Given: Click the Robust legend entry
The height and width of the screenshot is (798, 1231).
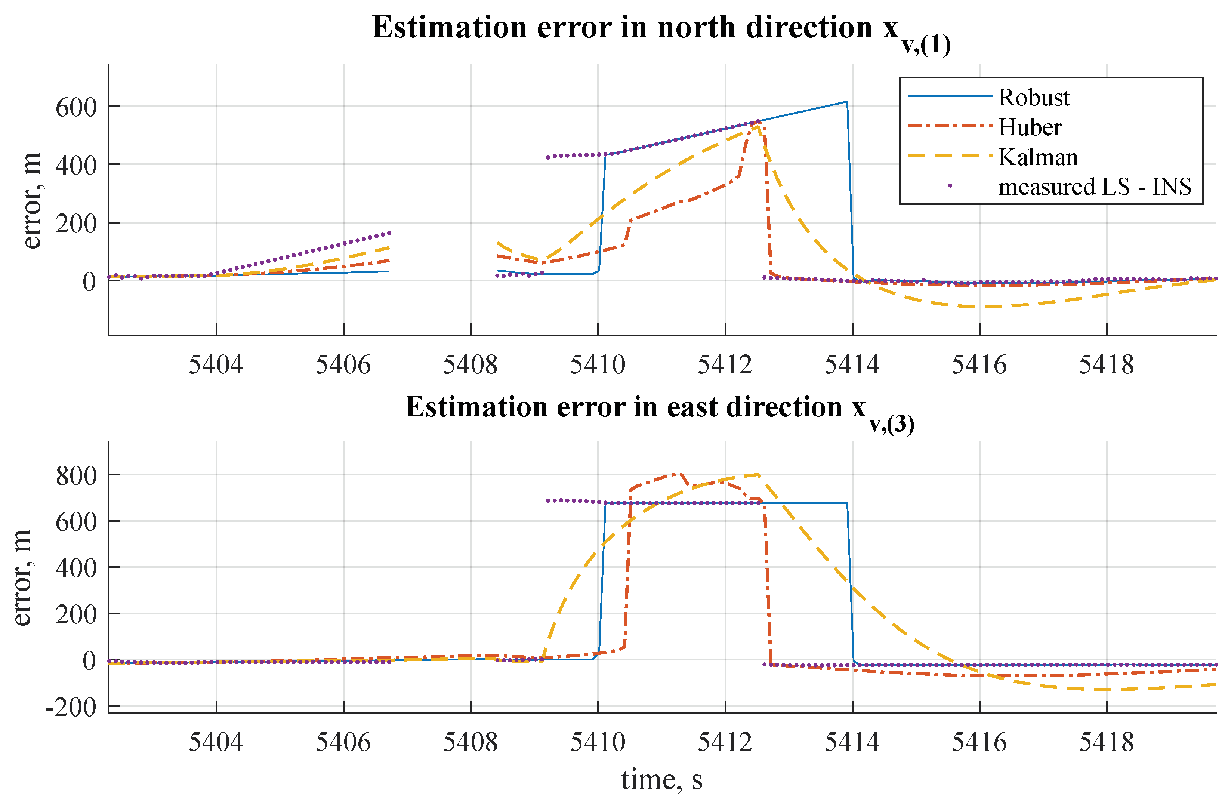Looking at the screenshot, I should click(x=1033, y=98).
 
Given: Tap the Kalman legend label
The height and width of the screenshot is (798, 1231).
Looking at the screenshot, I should click(x=1037, y=157).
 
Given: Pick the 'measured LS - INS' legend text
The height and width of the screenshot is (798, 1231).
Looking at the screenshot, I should click(x=1094, y=187).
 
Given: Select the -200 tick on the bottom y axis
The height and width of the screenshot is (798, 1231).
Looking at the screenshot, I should click(x=71, y=707).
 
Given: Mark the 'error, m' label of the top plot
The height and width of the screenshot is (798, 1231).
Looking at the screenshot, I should click(x=32, y=201).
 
